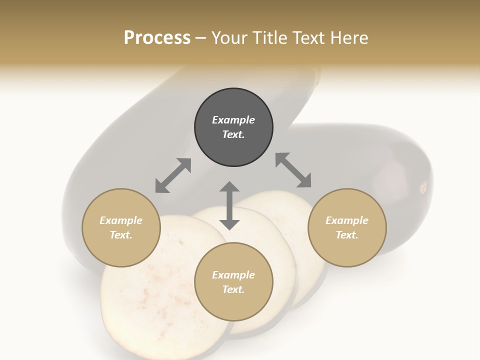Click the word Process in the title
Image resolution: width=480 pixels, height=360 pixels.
[157, 38]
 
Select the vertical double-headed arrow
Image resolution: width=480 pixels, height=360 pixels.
[229, 205]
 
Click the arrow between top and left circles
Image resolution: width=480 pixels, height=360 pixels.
[173, 175]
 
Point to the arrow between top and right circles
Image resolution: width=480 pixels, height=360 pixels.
[293, 170]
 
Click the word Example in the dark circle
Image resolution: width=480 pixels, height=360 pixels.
[233, 120]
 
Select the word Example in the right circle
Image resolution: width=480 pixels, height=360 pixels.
[347, 220]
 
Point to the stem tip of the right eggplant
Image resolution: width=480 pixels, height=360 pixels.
[423, 188]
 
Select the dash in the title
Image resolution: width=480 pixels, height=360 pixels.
[200, 38]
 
